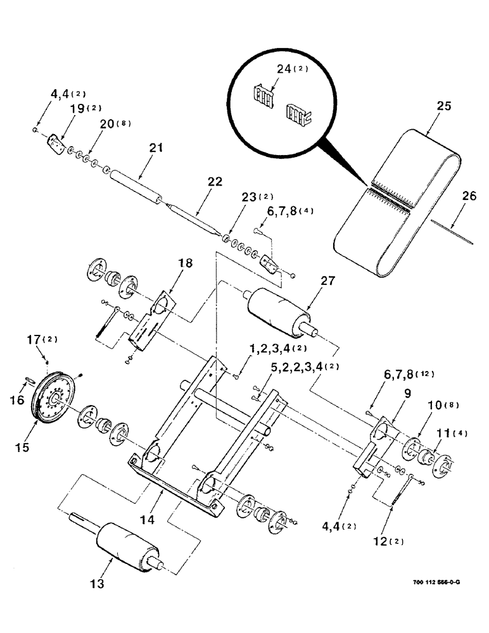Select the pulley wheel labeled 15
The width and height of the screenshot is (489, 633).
(x=53, y=400)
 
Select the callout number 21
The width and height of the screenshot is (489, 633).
(x=156, y=148)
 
